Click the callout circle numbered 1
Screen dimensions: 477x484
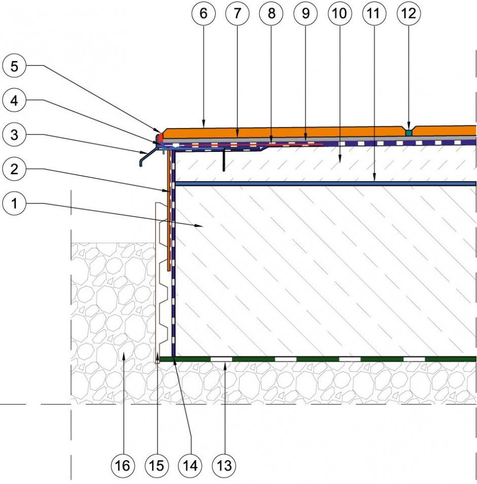tap(14, 204)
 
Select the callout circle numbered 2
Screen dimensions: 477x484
tap(14, 169)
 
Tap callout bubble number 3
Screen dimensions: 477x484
tap(14, 135)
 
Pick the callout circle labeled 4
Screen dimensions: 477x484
tap(14, 101)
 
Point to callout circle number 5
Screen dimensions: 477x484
tap(14, 66)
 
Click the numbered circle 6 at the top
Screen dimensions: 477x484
tap(203, 13)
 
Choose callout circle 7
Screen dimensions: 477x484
tap(237, 13)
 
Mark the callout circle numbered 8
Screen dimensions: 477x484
tap(271, 13)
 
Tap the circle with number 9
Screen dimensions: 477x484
tap(305, 13)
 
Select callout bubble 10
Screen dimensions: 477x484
tap(339, 13)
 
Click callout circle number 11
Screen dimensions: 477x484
tap(373, 13)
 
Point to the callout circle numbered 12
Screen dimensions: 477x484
tap(409, 13)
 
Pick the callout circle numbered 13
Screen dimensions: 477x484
tap(224, 465)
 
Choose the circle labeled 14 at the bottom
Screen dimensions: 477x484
tap(190, 465)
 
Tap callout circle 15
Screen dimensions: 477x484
tap(156, 465)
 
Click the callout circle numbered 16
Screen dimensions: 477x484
tap(122, 465)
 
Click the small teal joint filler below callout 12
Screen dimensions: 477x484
tap(408, 133)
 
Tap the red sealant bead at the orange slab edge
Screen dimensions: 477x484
tap(160, 137)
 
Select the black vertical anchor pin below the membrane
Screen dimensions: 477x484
tap(224, 159)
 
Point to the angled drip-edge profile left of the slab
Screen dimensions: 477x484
tap(148, 156)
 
